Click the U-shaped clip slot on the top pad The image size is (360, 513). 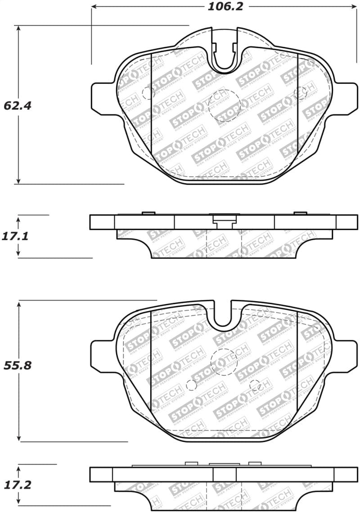click(225, 56)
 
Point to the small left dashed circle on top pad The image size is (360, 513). click(148, 93)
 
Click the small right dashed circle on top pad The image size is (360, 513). click(300, 93)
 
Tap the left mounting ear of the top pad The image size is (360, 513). click(103, 96)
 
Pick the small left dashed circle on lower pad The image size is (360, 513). click(191, 385)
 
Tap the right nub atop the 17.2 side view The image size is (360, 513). click(255, 463)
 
